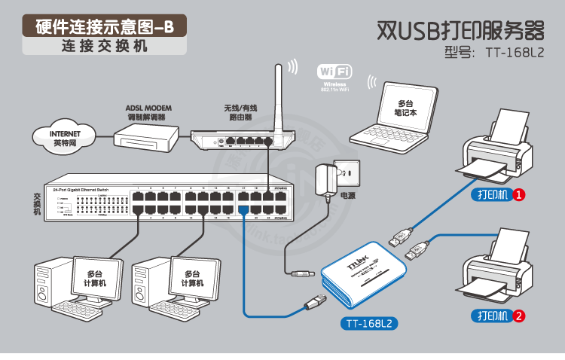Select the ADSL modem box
coord(146,136)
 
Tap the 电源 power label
coord(347,196)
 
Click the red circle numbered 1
coord(519,195)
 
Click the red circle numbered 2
coord(519,316)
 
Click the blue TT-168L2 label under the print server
coord(370,325)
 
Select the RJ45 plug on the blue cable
coord(311,302)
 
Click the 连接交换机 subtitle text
coord(105,45)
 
